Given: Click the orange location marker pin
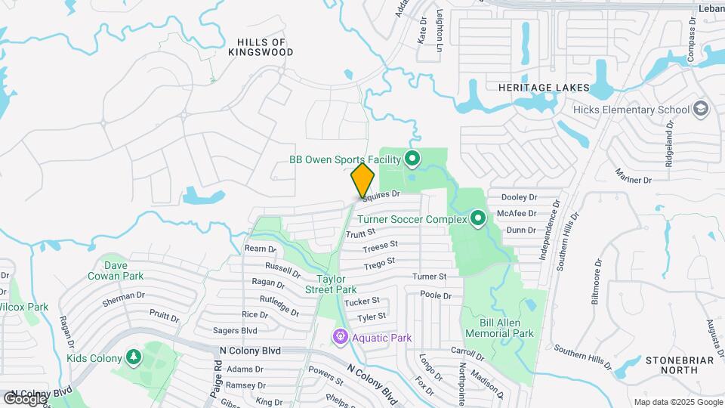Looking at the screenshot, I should pos(362,180).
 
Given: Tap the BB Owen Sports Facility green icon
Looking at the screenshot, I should pos(412,159).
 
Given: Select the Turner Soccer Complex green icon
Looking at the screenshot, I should pos(477,219).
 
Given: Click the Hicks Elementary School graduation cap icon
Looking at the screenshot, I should pos(700,110).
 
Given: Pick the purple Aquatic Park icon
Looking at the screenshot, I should pos(341,337).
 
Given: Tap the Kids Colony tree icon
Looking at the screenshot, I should pos(133,357).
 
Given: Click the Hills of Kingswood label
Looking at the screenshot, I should pos(261,47).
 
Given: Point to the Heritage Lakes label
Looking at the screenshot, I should pos(544,88).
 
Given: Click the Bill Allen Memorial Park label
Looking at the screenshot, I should pos(499,327).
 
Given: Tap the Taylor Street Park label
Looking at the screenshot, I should pos(331,283).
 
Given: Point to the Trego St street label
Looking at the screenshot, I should pos(380,262).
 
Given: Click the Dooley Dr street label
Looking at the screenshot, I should pos(519,197).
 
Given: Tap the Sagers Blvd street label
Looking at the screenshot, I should pos(236,330).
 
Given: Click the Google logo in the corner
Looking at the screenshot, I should pos(25,398).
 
